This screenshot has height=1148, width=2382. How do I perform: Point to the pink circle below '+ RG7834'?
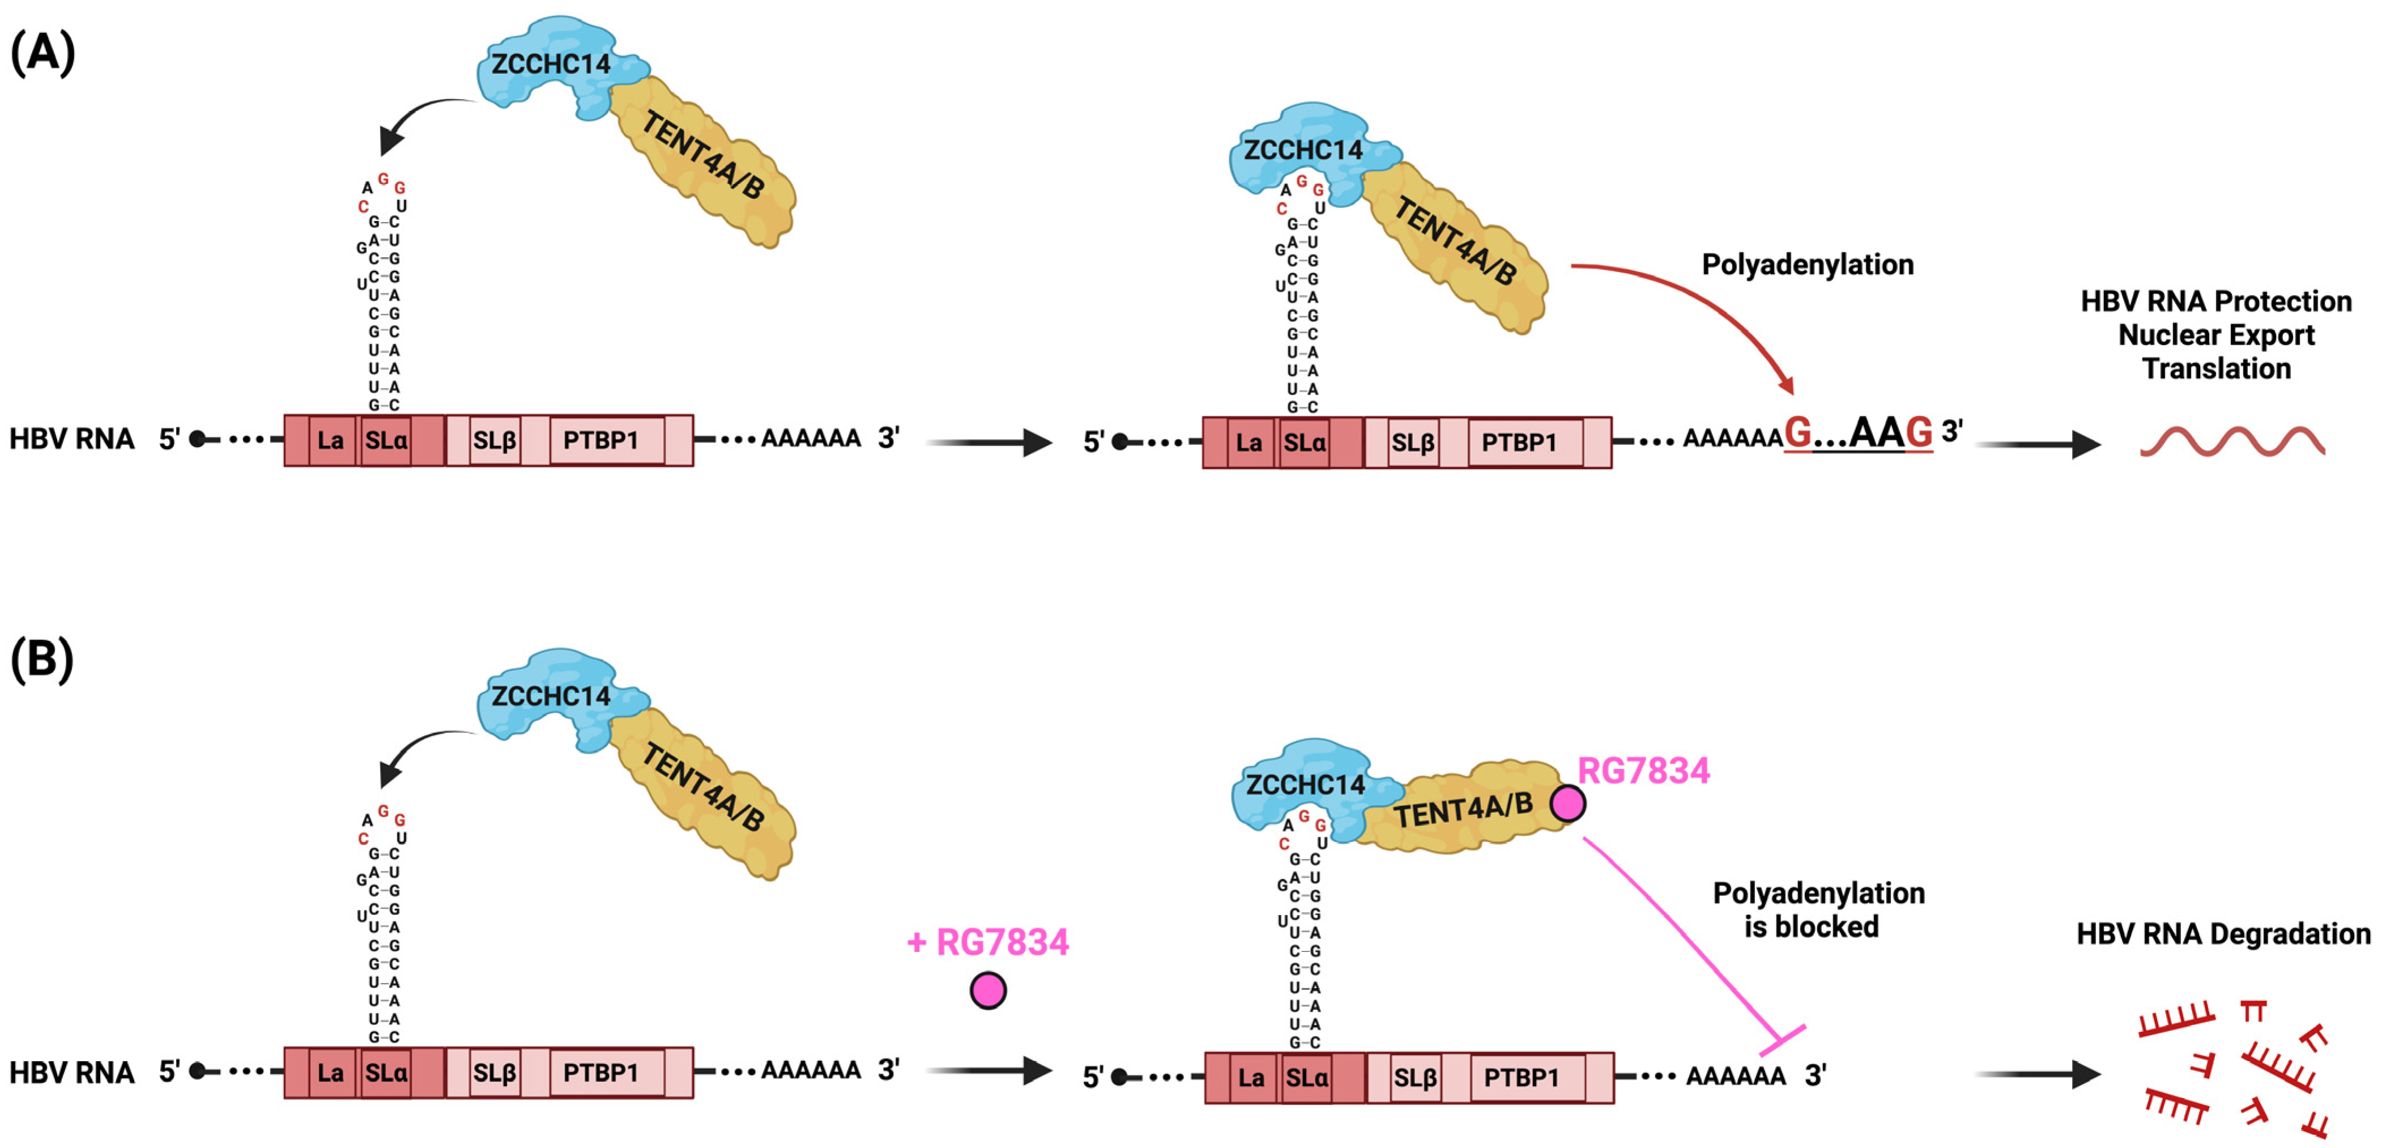click(987, 990)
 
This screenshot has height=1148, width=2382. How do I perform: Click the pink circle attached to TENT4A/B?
click(1567, 803)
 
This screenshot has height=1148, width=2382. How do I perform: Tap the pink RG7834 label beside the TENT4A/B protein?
click(1643, 771)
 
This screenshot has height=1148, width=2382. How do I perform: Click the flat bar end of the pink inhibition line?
click(1782, 1040)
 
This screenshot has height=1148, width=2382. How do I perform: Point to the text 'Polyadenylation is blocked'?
click(1818, 909)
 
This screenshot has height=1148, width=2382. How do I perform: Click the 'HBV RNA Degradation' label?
click(2223, 933)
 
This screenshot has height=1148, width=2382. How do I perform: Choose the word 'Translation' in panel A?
click(2217, 368)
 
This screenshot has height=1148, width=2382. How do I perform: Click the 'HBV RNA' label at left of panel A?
click(71, 439)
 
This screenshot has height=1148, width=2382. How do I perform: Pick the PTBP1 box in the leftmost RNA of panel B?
click(601, 1072)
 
